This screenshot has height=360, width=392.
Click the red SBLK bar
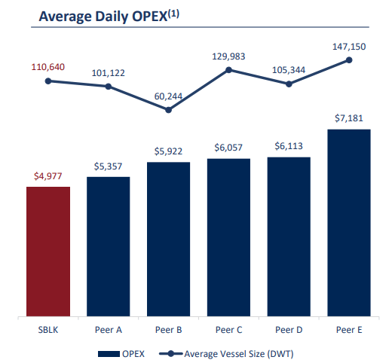[48, 252]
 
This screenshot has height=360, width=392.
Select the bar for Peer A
[109, 247]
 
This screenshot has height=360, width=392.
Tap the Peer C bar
[228, 238]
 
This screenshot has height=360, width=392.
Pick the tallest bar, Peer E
[349, 223]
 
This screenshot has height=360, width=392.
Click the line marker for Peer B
[169, 110]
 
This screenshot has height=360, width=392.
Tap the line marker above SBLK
[48, 81]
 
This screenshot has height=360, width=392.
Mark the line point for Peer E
[349, 60]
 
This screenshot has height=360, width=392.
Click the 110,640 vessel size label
[48, 67]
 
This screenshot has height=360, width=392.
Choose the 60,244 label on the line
[169, 97]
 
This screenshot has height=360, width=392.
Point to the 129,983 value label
[228, 56]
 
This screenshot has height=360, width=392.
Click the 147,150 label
[349, 47]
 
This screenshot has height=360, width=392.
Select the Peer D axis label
[289, 330]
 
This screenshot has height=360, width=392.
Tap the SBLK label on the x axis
[48, 330]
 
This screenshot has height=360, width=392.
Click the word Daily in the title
[109, 16]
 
